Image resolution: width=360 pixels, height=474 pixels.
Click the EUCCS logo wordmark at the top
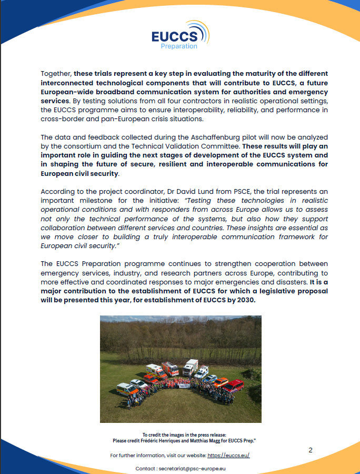(174, 36)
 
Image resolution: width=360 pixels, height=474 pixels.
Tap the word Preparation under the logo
(179, 46)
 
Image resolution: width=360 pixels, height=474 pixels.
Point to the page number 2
(311, 450)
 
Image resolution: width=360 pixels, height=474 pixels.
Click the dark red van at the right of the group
(234, 385)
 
